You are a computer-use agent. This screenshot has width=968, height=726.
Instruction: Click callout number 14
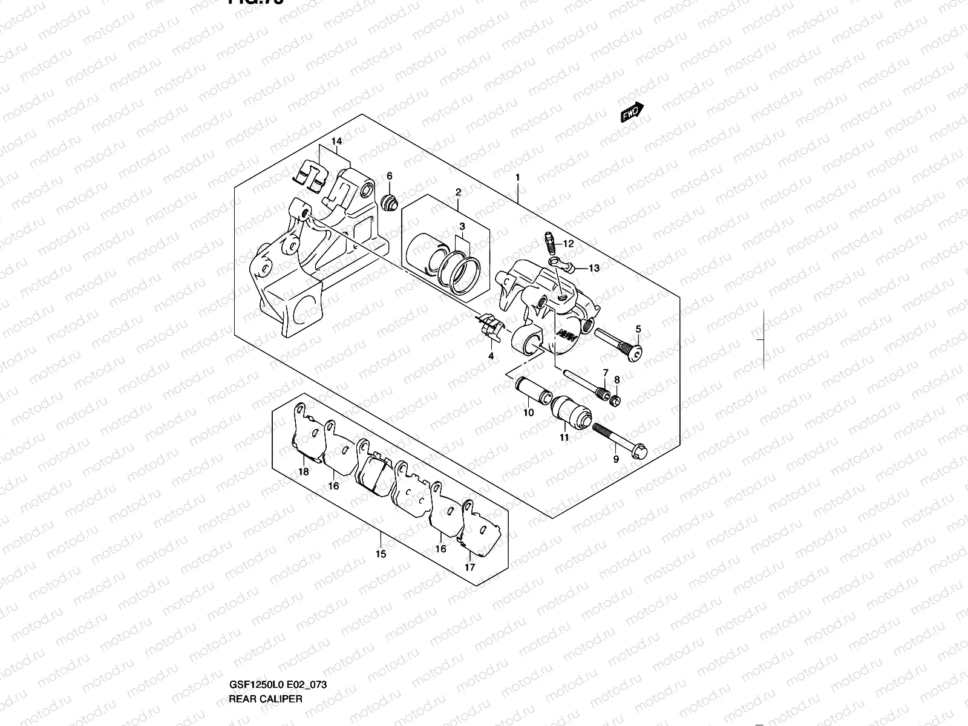click(337, 141)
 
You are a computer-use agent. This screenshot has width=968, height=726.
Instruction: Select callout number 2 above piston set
click(458, 192)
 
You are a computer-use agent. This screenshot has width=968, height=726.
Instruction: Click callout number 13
click(594, 268)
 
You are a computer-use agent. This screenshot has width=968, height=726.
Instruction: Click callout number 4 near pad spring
click(491, 356)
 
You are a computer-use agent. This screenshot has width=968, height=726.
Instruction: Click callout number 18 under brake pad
click(304, 473)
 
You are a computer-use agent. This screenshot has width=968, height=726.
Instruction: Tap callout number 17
click(470, 567)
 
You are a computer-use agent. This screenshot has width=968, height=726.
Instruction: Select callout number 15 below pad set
click(381, 554)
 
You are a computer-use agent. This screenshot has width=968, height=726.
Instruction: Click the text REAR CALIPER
click(265, 648)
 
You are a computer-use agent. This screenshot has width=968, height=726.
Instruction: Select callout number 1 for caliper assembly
click(518, 178)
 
